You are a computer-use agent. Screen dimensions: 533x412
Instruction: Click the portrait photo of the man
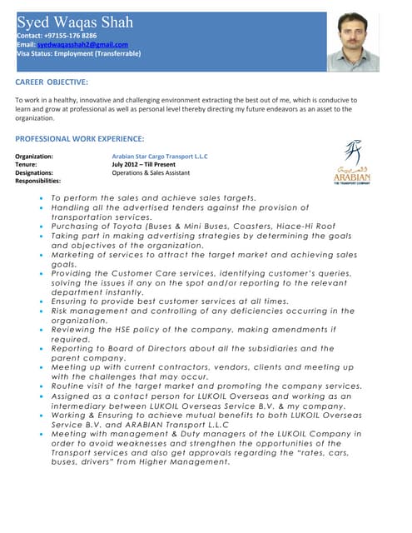coord(353,42)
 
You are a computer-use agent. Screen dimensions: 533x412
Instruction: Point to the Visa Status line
coord(78,54)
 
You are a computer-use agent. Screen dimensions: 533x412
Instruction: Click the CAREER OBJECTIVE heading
coord(52,82)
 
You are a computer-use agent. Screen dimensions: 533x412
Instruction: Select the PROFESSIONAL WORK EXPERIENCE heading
coord(80,138)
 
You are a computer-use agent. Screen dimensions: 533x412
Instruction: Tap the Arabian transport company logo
coord(353,162)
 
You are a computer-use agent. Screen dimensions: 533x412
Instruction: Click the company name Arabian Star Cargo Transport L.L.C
coord(160,157)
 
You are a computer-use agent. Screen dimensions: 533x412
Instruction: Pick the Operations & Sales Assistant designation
coord(151,173)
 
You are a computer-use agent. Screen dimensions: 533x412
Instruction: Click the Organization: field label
coord(34,157)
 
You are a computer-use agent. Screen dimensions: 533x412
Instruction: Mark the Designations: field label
coord(34,173)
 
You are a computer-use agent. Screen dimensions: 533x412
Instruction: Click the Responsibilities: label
coord(38,181)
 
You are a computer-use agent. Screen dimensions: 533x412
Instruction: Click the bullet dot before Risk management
coord(42,311)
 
